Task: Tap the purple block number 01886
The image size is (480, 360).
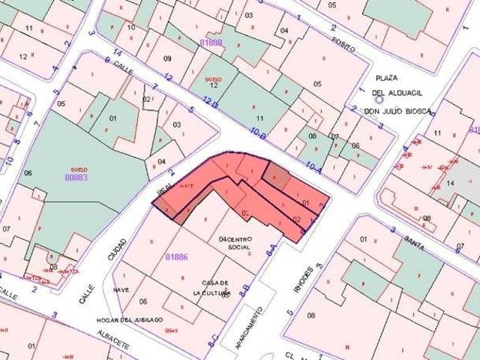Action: [176, 257]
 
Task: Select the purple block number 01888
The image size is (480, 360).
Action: [211, 43]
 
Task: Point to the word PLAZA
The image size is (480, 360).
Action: [387, 78]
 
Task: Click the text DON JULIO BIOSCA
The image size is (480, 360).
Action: [398, 112]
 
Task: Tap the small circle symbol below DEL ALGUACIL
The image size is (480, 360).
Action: [379, 98]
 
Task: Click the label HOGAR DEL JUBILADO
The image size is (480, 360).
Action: [130, 319]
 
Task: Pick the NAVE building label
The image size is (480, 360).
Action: [121, 289]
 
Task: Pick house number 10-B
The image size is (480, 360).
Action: [259, 133]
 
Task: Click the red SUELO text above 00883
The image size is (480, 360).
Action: [79, 169]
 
